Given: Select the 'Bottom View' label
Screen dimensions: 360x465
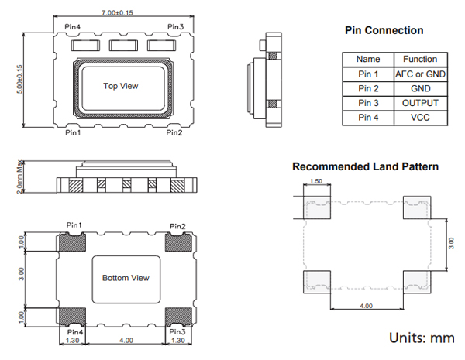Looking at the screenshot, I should click(x=126, y=278).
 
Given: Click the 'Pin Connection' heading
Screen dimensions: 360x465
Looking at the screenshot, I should click(x=384, y=30).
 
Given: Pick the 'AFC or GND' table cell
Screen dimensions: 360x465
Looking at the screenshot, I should click(x=420, y=74).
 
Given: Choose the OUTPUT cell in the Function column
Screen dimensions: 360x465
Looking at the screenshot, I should click(x=420, y=103).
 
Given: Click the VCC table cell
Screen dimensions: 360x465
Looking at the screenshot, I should click(x=420, y=118).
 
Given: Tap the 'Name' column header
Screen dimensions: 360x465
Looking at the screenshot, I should click(x=368, y=59).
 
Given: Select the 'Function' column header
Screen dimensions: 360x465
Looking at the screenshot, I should click(x=420, y=59).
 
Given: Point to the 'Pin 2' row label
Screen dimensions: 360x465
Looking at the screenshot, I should click(x=368, y=88).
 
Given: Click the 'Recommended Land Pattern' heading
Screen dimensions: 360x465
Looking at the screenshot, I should click(x=365, y=166).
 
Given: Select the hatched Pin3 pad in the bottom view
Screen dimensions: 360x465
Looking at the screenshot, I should click(x=178, y=315).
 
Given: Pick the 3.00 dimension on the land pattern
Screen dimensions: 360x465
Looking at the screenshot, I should click(x=455, y=242).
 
